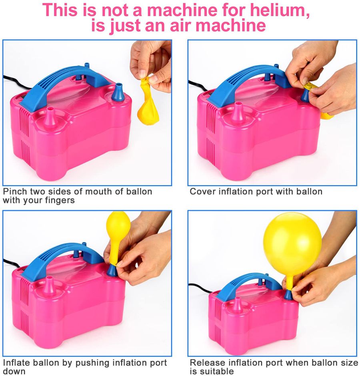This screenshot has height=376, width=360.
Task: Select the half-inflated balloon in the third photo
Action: click(117, 237)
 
